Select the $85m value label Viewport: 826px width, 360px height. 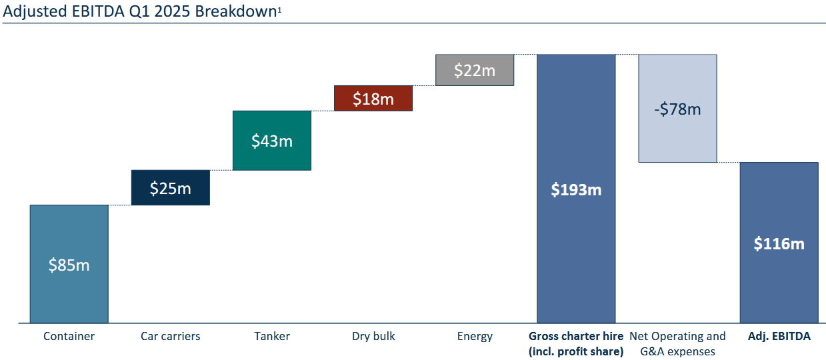pyautogui.click(x=69, y=265)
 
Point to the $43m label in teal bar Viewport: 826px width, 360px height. pyautogui.click(x=271, y=141)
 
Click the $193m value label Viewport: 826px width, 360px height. pyautogui.click(x=576, y=189)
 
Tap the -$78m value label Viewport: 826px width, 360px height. pyautogui.click(x=677, y=109)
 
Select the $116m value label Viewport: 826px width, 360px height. pyautogui.click(x=779, y=243)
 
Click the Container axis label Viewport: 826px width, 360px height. pyautogui.click(x=69, y=336)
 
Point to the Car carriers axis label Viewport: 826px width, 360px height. pyautogui.click(x=171, y=336)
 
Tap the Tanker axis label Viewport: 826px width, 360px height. pyautogui.click(x=272, y=336)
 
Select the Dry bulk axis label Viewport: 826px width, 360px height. pyautogui.click(x=373, y=336)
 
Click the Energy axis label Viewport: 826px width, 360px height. pyautogui.click(x=475, y=336)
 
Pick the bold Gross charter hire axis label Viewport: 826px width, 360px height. pyautogui.click(x=576, y=343)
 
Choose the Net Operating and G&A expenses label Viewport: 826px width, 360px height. pyautogui.click(x=677, y=343)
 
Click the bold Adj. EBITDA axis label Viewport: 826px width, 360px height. pyautogui.click(x=779, y=336)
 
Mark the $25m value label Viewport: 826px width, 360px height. pyautogui.click(x=171, y=189)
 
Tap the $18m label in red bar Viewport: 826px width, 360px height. pyautogui.click(x=373, y=99)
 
